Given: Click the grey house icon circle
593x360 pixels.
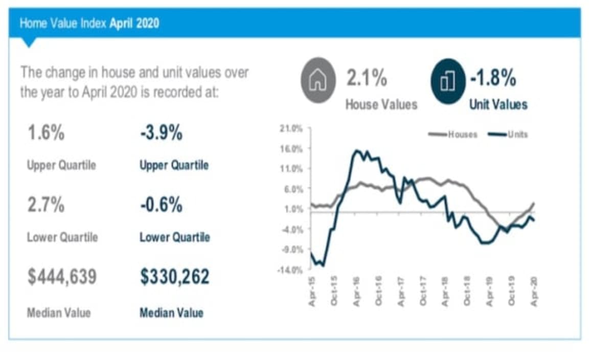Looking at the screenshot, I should [x=317, y=81].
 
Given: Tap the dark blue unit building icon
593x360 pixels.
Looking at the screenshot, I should [x=447, y=81].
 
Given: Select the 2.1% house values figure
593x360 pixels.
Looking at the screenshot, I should [x=367, y=79].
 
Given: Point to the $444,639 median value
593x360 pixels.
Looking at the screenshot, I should [x=62, y=277].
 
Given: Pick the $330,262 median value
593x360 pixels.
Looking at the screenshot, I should [x=175, y=277].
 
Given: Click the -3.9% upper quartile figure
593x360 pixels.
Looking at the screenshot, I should [x=161, y=134].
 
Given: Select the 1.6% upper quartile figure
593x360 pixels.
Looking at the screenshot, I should [x=45, y=134].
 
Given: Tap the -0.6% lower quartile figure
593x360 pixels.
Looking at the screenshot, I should [x=161, y=205].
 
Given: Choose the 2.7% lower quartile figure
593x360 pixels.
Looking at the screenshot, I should [x=45, y=205].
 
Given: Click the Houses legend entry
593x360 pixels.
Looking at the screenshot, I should [x=455, y=134].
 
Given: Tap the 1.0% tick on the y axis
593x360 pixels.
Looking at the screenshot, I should [x=294, y=209].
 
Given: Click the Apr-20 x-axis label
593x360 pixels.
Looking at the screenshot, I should [x=534, y=292].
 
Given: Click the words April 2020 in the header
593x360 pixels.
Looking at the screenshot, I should [x=134, y=23].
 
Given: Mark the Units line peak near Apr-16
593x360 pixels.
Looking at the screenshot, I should [x=356, y=150].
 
